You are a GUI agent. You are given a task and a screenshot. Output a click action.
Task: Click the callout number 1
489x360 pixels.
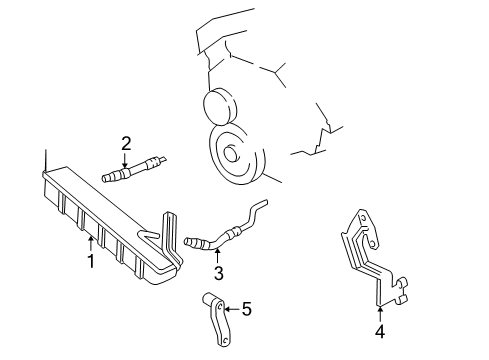tap(89, 262)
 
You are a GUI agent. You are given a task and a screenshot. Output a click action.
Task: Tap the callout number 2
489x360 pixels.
tap(126, 143)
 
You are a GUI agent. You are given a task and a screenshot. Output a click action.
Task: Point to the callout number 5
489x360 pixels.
tap(246, 310)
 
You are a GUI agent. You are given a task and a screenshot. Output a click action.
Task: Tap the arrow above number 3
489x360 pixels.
tap(217, 252)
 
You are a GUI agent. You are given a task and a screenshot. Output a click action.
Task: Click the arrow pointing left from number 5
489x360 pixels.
tap(230, 310)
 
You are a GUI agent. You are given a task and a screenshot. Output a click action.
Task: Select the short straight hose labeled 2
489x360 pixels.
tap(131, 171)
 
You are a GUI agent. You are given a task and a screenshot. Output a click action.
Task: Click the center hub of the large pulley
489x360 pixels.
tap(231, 153)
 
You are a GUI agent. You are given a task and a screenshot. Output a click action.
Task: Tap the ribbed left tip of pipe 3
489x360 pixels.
tap(192, 240)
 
